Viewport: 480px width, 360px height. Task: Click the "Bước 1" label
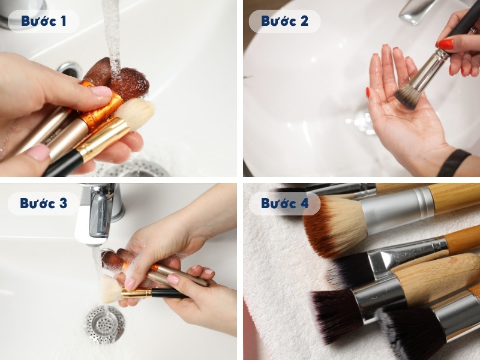(x=43, y=21)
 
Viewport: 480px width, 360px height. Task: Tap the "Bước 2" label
(x=284, y=21)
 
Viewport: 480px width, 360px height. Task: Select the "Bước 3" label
(x=43, y=203)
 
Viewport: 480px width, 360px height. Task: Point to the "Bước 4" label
(x=284, y=203)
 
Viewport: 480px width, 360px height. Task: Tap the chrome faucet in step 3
(x=99, y=210)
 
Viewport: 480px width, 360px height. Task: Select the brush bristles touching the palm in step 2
(x=407, y=95)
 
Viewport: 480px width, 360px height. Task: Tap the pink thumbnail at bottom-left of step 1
(x=37, y=152)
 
